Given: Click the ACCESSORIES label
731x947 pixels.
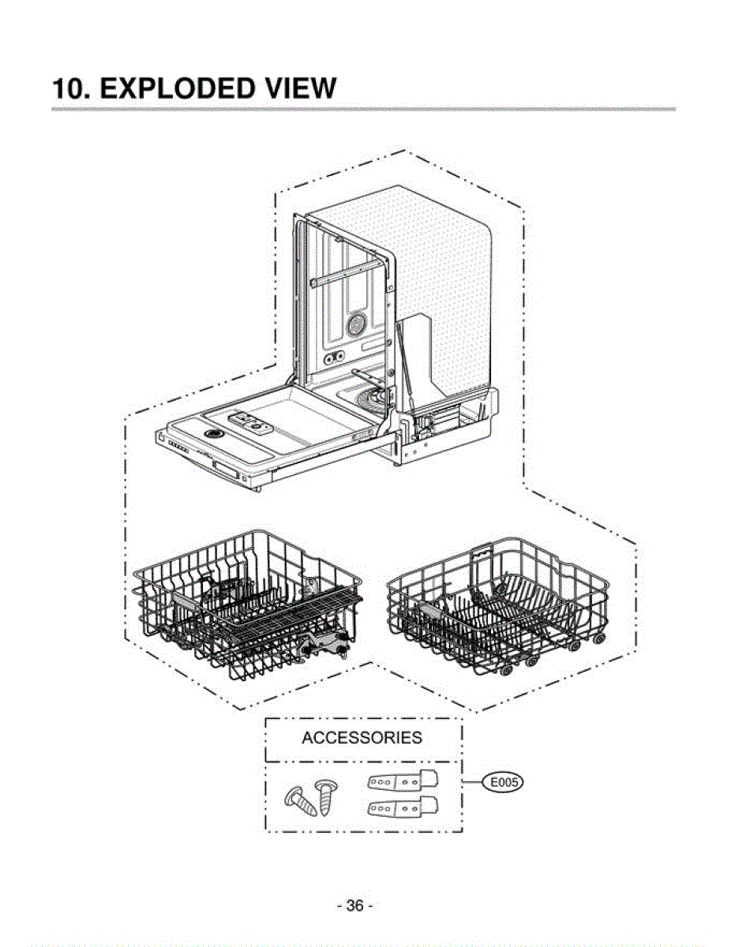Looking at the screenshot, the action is click(362, 738).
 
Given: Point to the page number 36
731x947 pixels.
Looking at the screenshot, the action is click(354, 905).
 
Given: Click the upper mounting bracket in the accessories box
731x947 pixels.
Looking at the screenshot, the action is click(402, 780).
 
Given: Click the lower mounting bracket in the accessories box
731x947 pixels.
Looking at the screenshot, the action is click(402, 809).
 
